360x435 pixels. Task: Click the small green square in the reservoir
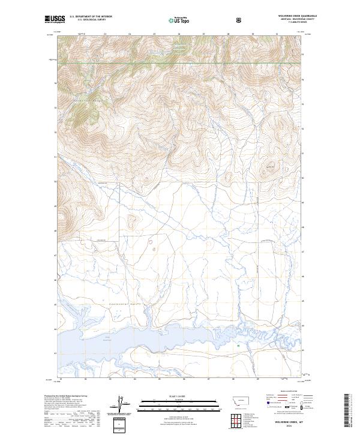238,346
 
